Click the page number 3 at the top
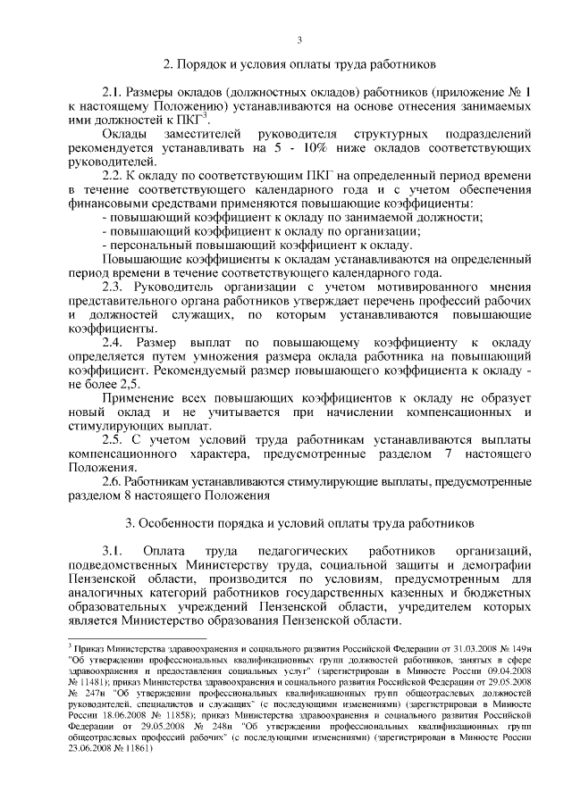coord(299,38)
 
